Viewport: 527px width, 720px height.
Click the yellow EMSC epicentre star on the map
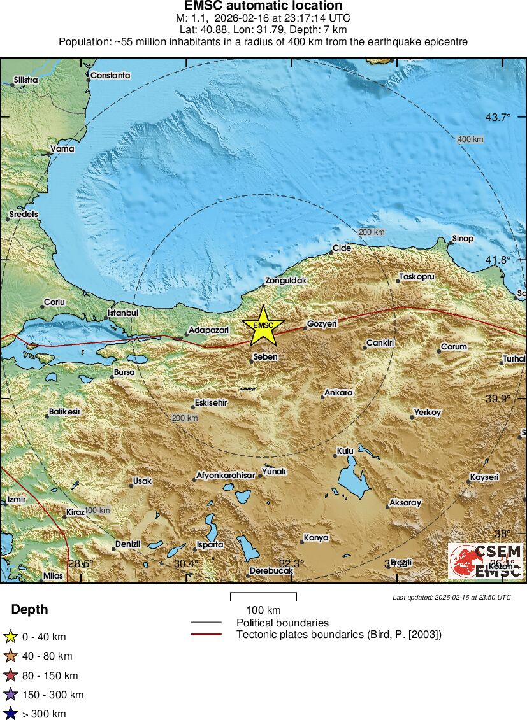[263, 325]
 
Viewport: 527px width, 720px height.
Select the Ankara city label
[338, 393]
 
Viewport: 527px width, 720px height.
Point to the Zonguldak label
[286, 280]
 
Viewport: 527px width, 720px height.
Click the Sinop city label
[463, 239]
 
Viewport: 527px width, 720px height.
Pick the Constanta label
[110, 75]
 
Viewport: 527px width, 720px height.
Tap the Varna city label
[62, 149]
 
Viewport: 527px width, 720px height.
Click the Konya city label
[315, 538]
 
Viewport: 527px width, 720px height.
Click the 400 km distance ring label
[470, 139]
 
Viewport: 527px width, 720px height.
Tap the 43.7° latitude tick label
[498, 117]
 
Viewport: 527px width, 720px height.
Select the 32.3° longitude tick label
[291, 563]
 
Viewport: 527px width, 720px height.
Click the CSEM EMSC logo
[485, 561]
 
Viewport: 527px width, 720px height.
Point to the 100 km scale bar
[263, 597]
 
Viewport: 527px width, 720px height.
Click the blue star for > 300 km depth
[10, 714]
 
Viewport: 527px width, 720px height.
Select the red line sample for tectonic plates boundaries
[206, 635]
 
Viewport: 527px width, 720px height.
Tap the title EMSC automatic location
[263, 6]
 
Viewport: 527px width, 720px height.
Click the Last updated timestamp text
[451, 598]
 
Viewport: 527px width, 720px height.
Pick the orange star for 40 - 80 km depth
[10, 656]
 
